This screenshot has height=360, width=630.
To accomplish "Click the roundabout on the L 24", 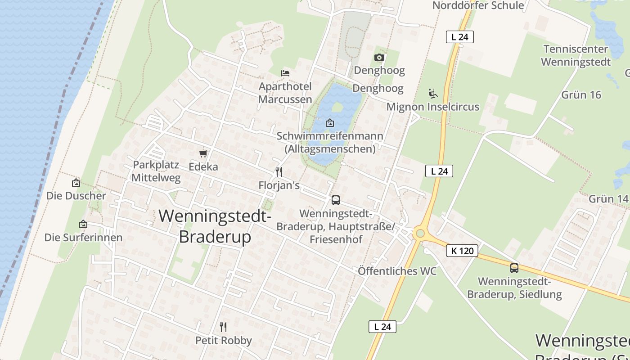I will coord(420,233).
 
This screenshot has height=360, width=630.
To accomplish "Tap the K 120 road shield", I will coord(462,251).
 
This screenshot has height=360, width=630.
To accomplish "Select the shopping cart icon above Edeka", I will coord(203,154).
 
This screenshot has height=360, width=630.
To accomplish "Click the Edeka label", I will coord(203,166).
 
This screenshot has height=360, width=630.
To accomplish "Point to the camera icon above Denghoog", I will coord(379,57).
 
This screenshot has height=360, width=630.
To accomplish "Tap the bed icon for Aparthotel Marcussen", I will coord(285,73).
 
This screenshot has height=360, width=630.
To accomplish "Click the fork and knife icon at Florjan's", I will coord(279,172).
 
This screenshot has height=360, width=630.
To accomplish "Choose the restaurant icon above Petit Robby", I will coord(223,327).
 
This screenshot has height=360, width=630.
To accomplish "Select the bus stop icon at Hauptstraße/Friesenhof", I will coord(336,200).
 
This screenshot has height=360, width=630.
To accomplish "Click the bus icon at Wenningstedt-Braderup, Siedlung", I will coord(514,268).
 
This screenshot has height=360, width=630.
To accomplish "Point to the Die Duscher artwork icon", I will coord(76,183).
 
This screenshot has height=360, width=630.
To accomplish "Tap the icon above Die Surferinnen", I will coord(83,224).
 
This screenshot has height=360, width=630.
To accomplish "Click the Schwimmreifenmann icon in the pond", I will coord(330,122).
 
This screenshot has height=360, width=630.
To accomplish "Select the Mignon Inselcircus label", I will coord(433,107).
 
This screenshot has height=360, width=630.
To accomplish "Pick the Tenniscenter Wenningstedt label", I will coord(576,55).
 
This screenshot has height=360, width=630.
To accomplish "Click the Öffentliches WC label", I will coord(397,271).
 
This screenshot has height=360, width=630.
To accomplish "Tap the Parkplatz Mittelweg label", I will coord(156,171).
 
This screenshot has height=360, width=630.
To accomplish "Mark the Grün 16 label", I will coord(581,94).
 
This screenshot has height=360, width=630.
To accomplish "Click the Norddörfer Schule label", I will coord(478,5).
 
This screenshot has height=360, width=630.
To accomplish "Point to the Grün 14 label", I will coord(608,199).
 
